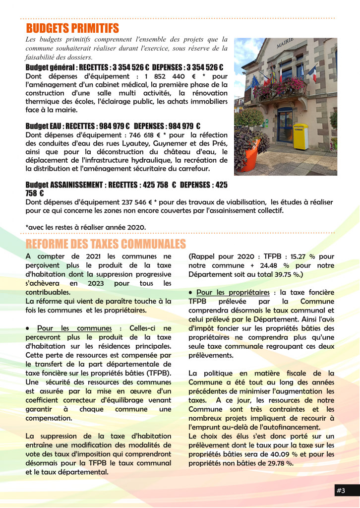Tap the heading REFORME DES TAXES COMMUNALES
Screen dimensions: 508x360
(x=106, y=244)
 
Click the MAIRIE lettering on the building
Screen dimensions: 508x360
(x=285, y=44)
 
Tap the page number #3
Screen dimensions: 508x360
(x=341, y=491)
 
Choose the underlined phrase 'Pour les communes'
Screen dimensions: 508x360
(x=74, y=328)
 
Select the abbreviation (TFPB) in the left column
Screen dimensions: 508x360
(x=158, y=373)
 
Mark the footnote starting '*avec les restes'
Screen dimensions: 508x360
(x=85, y=227)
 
